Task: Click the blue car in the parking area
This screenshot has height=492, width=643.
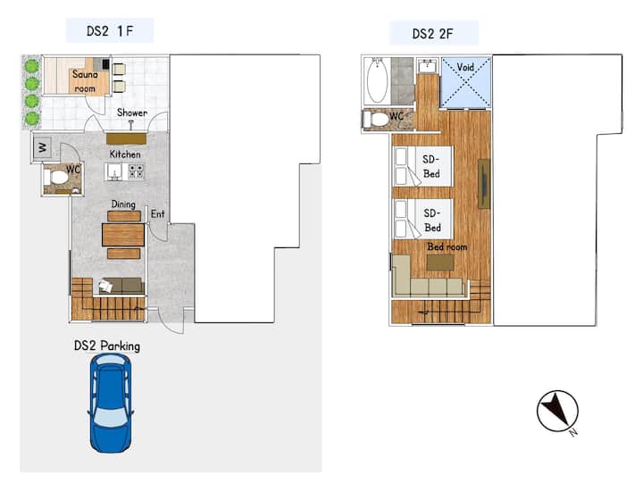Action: [111, 403]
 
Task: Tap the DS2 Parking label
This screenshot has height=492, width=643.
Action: [107, 346]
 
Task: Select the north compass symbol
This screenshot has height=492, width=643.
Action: [557, 412]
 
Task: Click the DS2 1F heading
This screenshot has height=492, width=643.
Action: [110, 30]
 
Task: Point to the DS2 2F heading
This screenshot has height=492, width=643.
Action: [432, 34]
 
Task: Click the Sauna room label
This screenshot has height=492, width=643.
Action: [85, 81]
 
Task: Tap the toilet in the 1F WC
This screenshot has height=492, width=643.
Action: [56, 178]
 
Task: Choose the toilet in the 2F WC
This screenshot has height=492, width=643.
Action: [376, 120]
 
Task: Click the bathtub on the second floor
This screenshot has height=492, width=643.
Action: [377, 80]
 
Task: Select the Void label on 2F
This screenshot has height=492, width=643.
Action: [465, 67]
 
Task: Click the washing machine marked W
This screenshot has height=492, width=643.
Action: [43, 146]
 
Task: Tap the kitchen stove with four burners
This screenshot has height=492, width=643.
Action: [137, 171]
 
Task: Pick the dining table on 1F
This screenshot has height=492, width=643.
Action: [123, 235]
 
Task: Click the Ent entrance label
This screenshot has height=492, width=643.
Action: [157, 214]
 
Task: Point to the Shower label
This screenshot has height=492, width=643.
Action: [132, 113]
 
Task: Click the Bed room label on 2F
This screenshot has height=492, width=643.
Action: [447, 246]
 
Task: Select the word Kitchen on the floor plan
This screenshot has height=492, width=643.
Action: [125, 154]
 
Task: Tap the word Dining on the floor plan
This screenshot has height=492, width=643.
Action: [123, 204]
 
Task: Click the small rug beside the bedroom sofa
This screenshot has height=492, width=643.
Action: [440, 263]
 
